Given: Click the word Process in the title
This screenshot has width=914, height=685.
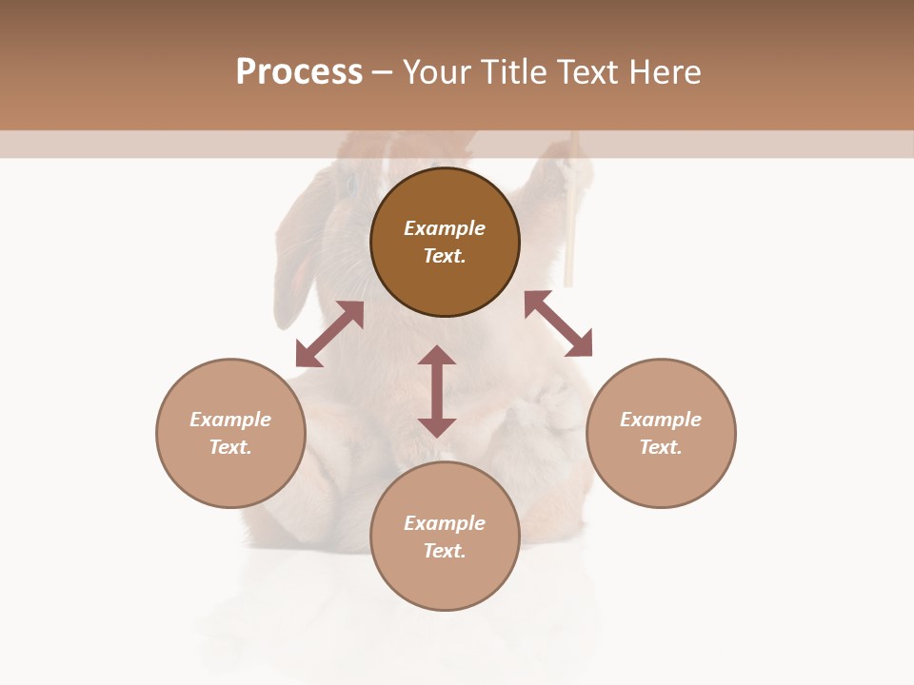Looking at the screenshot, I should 299,72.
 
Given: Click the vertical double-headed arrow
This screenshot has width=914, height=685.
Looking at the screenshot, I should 437,392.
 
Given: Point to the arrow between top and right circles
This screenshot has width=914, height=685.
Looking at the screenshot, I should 558,324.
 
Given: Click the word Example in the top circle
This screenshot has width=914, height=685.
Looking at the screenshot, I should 445,228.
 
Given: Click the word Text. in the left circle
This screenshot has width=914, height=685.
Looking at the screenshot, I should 230,447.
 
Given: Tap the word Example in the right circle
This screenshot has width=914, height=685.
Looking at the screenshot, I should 661,420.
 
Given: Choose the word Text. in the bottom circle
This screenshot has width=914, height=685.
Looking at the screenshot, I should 445,551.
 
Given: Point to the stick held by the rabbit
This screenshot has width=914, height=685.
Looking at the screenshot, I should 570,219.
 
